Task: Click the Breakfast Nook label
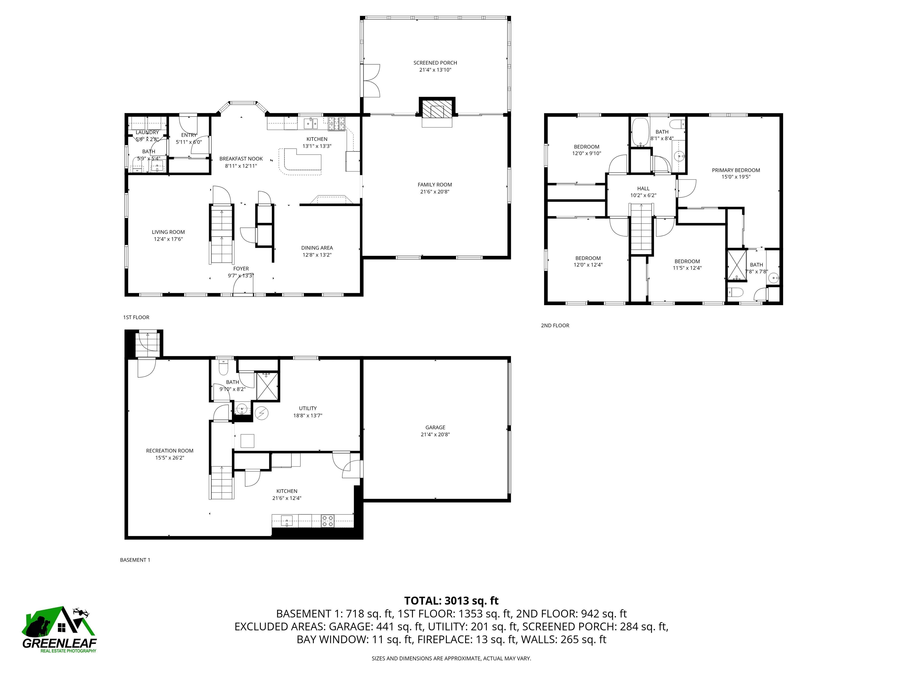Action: [241, 159]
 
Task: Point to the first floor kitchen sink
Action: [311, 122]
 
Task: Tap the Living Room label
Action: [168, 232]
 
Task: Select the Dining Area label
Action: [317, 248]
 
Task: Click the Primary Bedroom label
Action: [736, 170]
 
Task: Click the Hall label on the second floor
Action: [643, 189]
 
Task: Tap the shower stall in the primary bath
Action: [736, 265]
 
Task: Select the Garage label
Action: [435, 427]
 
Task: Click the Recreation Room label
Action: [169, 450]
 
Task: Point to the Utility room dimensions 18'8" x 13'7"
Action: [307, 415]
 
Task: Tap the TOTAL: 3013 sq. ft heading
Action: [451, 601]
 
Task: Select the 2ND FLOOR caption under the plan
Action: [555, 325]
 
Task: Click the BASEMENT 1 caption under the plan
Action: [135, 560]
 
